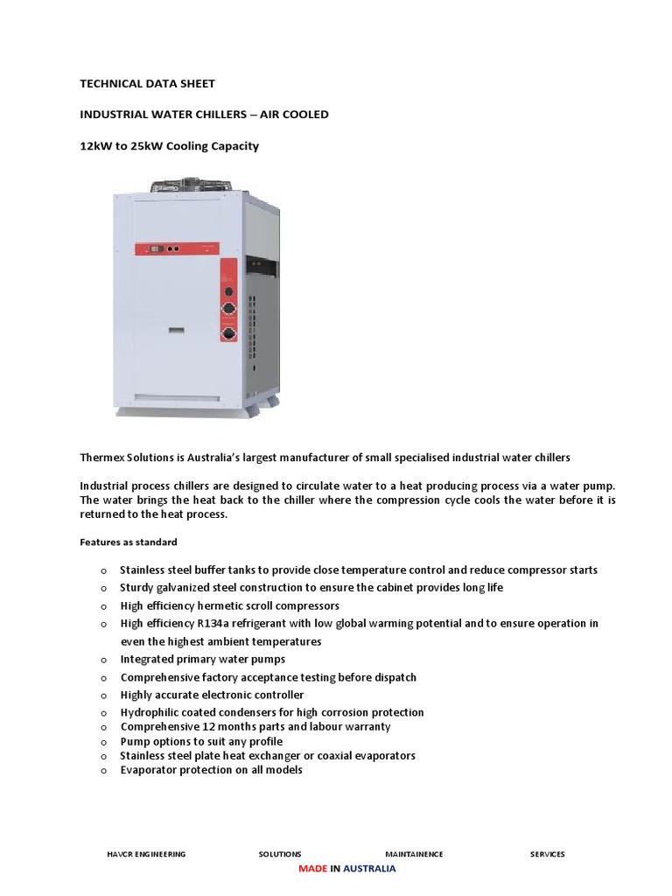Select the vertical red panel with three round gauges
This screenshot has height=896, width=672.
[x=229, y=302]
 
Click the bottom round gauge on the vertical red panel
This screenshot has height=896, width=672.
[x=229, y=332]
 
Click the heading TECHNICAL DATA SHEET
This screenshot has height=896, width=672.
[x=147, y=84]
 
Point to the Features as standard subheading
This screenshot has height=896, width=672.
[x=129, y=542]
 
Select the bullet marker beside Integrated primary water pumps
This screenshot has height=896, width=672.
[x=102, y=660]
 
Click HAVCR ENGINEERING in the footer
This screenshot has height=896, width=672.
[x=145, y=854]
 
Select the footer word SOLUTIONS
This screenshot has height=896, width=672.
[x=280, y=854]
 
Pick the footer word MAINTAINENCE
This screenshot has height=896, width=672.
[x=414, y=854]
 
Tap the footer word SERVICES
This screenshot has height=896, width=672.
[x=548, y=854]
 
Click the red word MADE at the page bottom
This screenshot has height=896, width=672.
[x=312, y=869]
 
